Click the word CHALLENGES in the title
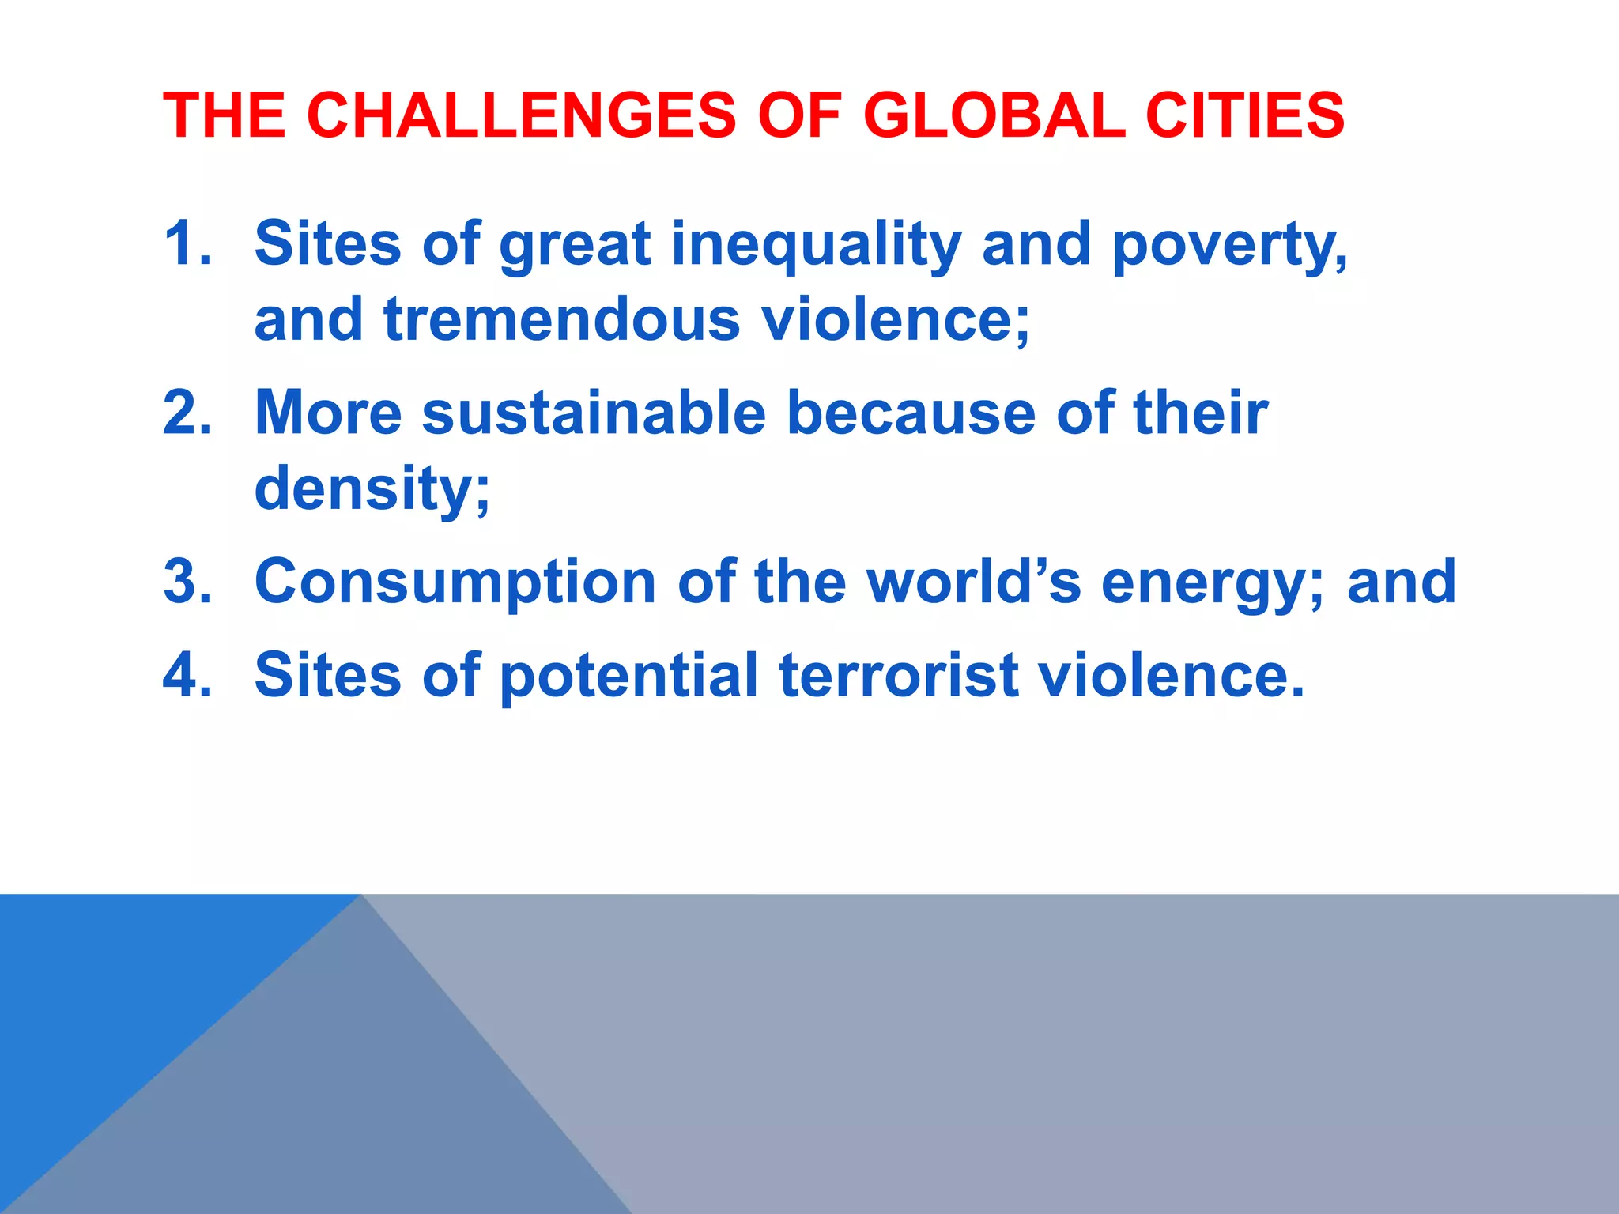click(521, 115)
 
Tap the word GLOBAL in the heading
click(994, 115)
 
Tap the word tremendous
click(562, 319)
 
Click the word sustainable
click(594, 413)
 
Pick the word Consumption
click(455, 583)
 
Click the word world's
click(973, 582)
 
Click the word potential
click(629, 677)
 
